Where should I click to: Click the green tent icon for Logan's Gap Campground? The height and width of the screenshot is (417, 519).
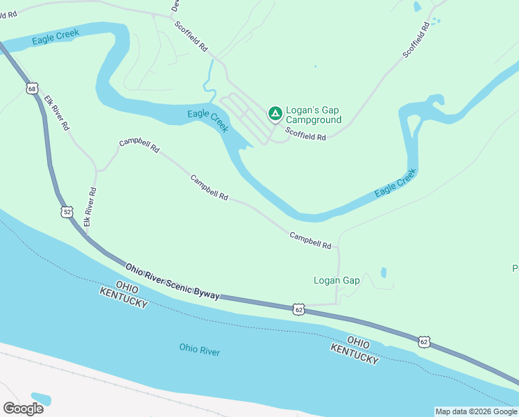click(275, 113)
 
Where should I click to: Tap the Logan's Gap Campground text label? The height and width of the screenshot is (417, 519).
click(314, 115)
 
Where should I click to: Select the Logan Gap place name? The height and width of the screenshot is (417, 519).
click(337, 281)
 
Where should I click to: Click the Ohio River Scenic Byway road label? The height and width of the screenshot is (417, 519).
click(173, 281)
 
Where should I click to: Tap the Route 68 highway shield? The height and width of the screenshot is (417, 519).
click(32, 88)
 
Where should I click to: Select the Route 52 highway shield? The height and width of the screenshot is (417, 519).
click(67, 211)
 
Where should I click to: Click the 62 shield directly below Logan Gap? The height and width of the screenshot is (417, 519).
click(298, 309)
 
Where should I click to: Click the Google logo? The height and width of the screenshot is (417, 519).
click(23, 408)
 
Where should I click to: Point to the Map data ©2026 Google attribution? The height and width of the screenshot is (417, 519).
click(476, 411)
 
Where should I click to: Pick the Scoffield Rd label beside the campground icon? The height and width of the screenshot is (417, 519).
click(305, 137)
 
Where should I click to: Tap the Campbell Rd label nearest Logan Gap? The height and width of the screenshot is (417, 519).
click(310, 240)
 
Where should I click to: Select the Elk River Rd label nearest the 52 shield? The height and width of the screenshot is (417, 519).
click(89, 207)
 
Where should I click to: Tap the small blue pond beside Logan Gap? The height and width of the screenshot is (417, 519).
click(384, 272)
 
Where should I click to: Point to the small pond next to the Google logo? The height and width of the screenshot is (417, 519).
click(41, 398)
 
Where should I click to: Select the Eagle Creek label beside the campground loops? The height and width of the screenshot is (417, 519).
click(207, 120)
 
